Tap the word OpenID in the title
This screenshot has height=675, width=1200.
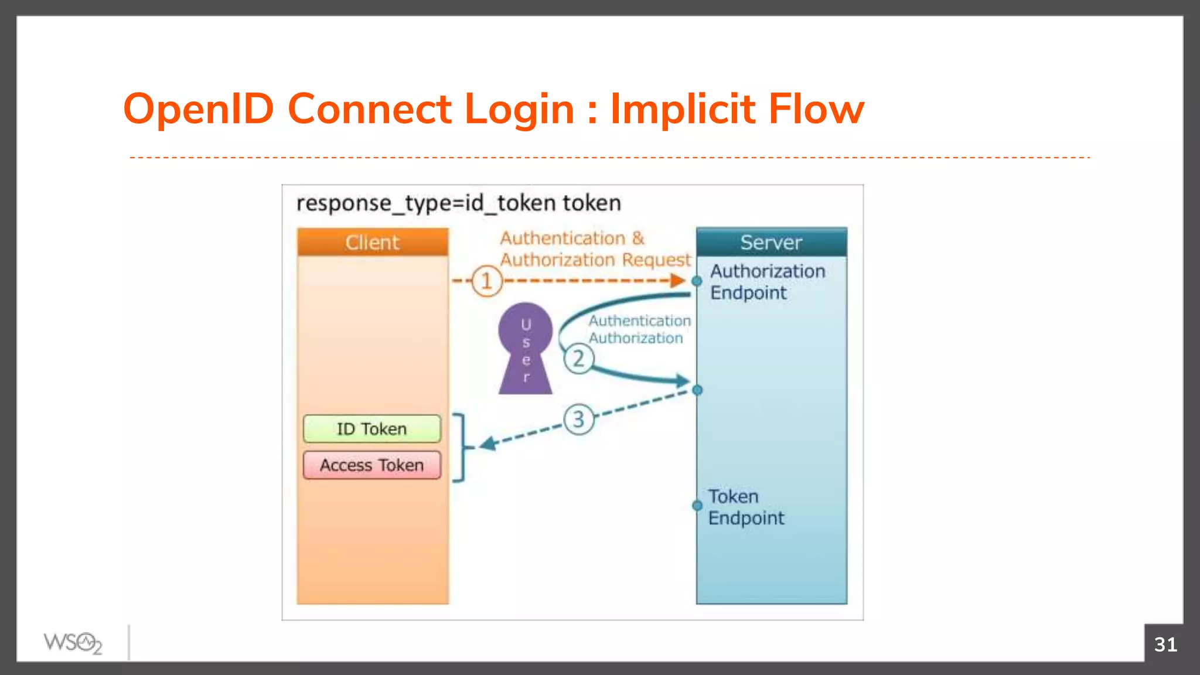[199, 110]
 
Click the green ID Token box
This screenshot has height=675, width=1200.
[371, 429]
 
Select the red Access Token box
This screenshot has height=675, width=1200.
[371, 465]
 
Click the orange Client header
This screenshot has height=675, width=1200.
[372, 242]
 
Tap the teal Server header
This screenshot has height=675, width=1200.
[771, 242]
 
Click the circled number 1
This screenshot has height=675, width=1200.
[486, 281]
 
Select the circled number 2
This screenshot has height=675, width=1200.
[578, 359]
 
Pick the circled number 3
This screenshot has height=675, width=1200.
[578, 420]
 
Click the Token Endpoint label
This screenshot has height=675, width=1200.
[745, 507]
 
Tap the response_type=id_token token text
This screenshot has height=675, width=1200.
[458, 203]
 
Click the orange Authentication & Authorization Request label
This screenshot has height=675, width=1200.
[594, 249]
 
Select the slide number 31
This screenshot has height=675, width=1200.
[1165, 645]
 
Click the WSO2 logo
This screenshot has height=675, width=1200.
[73, 643]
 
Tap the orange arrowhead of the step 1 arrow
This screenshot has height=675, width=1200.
[678, 281]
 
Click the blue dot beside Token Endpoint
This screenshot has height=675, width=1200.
[697, 505]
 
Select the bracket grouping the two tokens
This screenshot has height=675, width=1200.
[462, 448]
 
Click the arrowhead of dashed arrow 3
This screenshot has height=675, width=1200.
[488, 444]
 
